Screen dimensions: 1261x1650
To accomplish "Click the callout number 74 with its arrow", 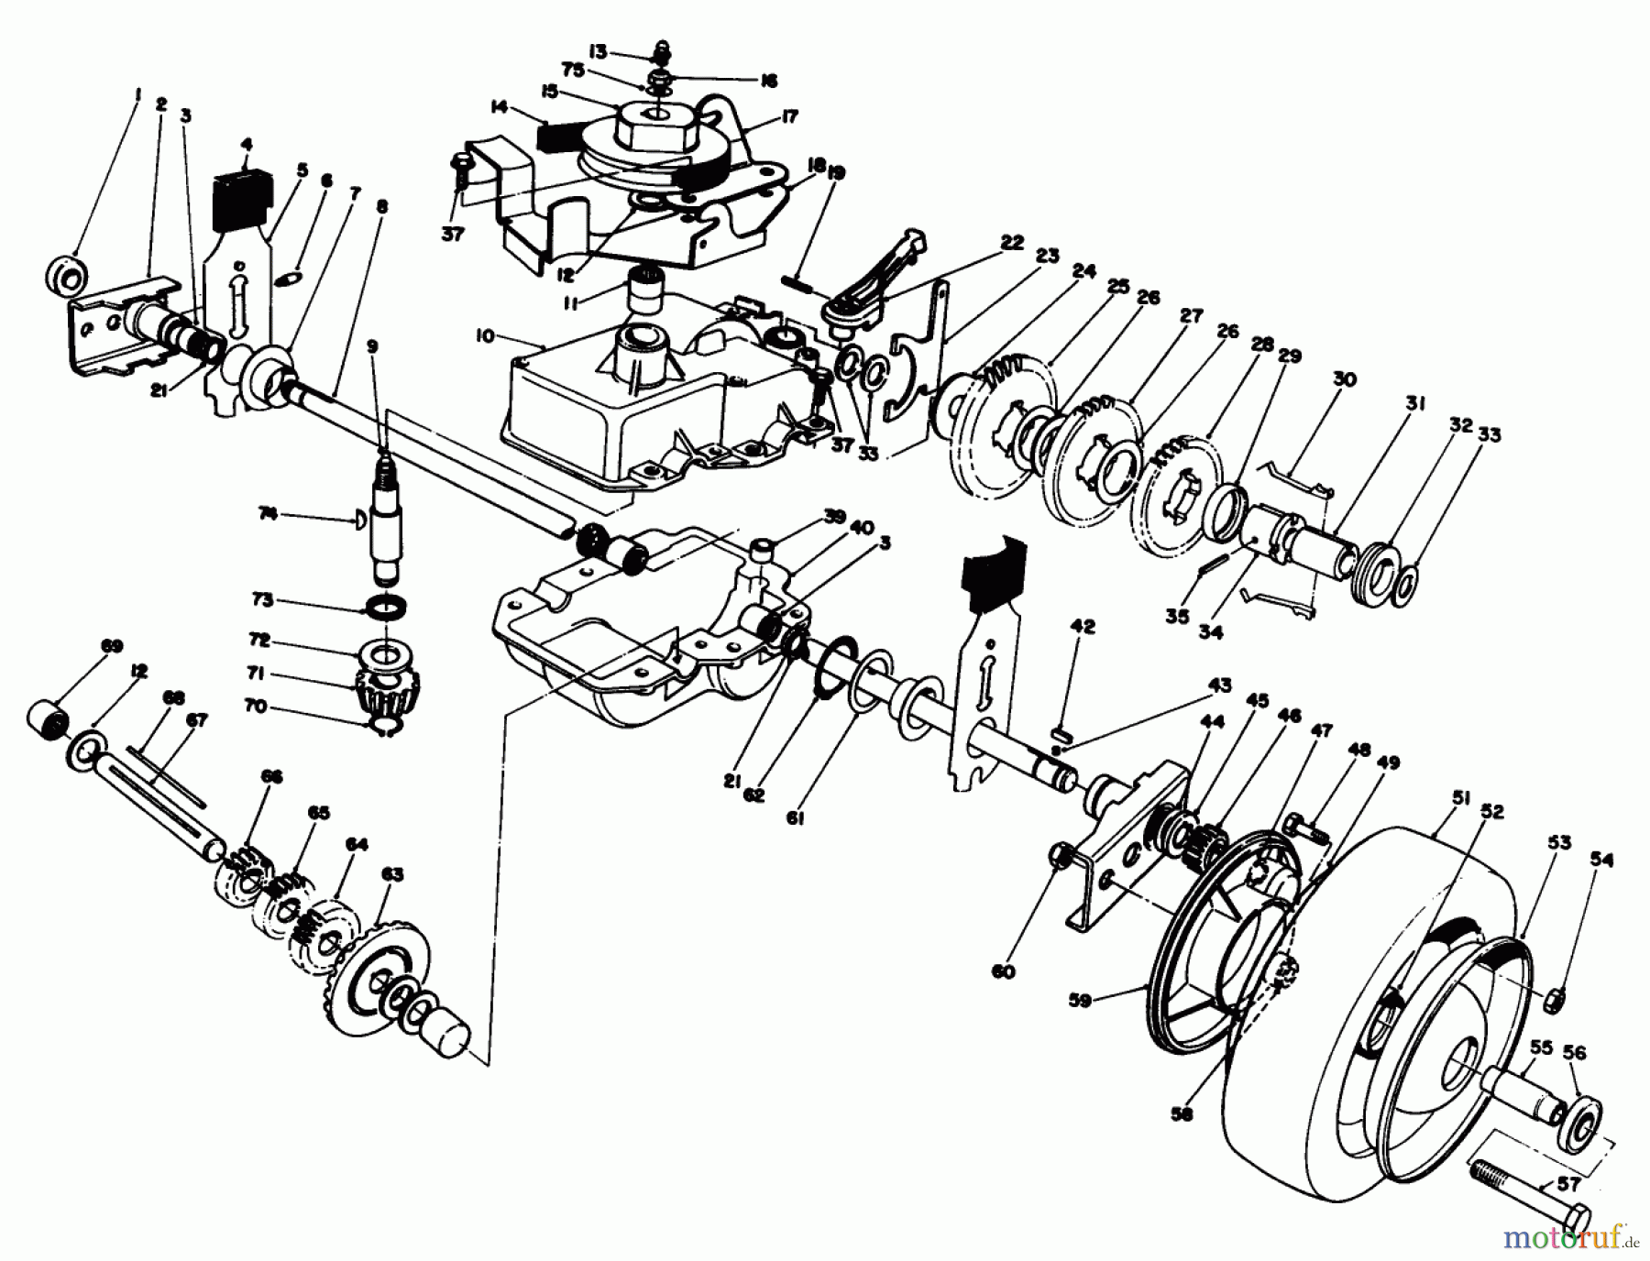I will click(267, 515).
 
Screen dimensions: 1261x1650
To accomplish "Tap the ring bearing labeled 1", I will click(64, 274).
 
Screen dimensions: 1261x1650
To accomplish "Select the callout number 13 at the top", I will click(624, 49).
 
